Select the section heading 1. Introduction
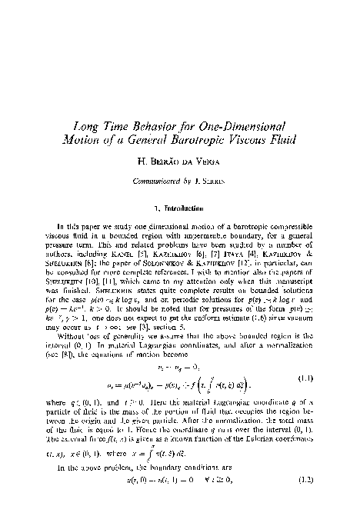point(180,207)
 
